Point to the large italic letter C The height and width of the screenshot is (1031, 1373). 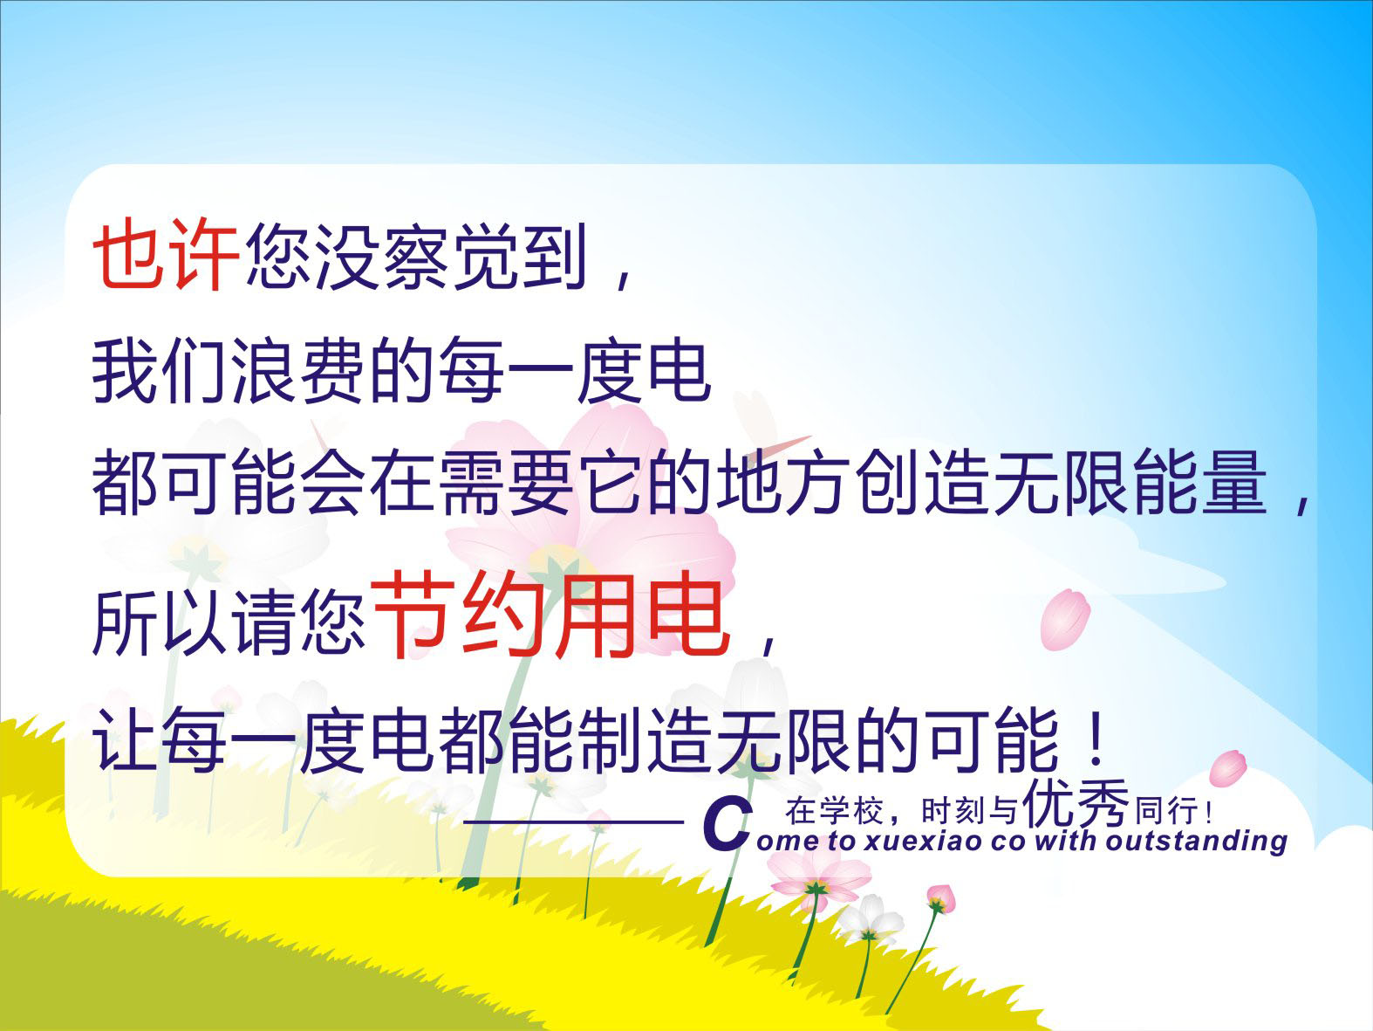[726, 826]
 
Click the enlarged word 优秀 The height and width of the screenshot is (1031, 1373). [1076, 804]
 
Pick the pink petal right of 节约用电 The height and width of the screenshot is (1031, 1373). [1064, 619]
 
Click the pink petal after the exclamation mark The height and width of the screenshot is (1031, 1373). [1228, 769]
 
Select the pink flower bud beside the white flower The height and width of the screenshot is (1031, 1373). [940, 899]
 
